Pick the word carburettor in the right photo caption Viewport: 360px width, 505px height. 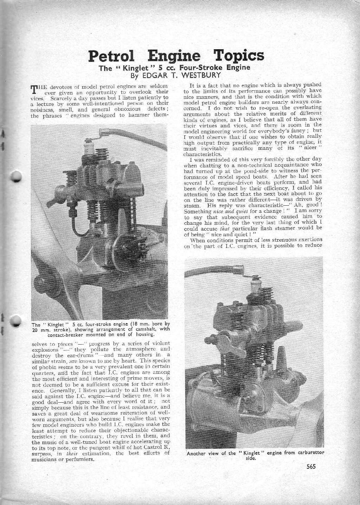click(309, 453)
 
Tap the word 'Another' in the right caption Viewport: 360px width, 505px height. click(198, 453)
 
